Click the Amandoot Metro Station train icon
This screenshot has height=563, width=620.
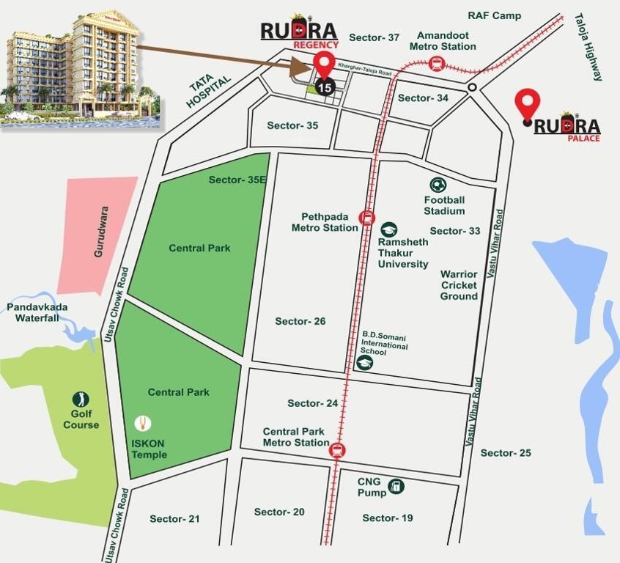click(437, 64)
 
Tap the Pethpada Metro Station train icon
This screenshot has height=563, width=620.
click(366, 217)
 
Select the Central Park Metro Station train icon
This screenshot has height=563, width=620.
click(337, 449)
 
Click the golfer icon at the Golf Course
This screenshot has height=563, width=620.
click(81, 400)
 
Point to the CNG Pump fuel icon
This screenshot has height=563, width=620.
click(396, 485)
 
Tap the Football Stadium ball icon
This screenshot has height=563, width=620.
click(438, 185)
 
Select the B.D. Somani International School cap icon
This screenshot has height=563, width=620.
click(364, 362)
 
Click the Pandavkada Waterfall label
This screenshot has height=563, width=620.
click(37, 312)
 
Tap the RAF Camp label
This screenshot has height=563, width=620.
click(494, 15)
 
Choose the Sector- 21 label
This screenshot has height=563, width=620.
click(174, 519)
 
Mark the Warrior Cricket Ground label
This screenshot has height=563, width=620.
click(459, 285)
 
